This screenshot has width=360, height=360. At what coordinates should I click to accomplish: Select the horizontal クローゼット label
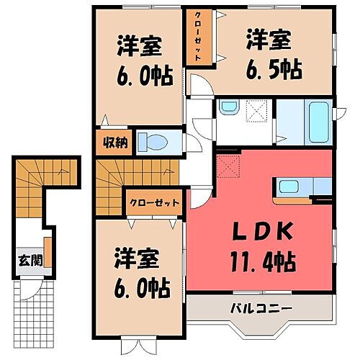[x=153, y=202]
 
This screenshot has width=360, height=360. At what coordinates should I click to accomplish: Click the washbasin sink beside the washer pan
[x=228, y=109]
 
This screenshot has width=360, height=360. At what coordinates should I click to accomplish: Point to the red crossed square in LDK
[x=230, y=166]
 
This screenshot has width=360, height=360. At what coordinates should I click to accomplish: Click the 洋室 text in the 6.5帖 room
[x=269, y=37]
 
